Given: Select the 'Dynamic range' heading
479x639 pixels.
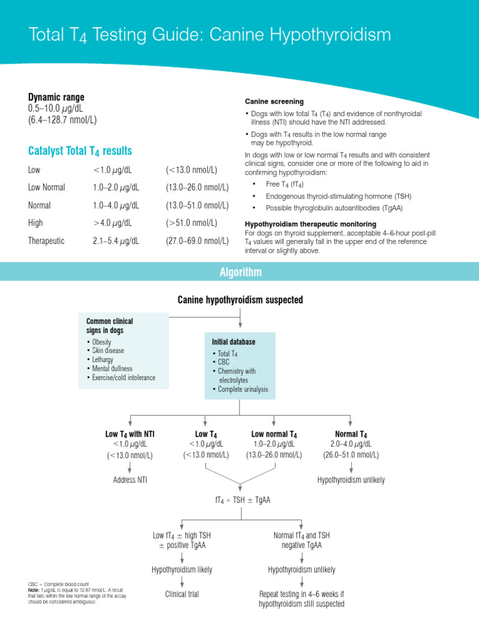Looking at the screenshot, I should pyautogui.click(x=56, y=97).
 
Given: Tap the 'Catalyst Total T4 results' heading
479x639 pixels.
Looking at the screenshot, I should pyautogui.click(x=80, y=151).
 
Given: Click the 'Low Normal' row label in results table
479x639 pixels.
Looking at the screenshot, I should pyautogui.click(x=47, y=187).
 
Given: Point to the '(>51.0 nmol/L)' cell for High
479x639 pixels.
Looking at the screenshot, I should pyautogui.click(x=191, y=223).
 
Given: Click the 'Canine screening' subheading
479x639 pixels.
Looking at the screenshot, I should pyautogui.click(x=274, y=101).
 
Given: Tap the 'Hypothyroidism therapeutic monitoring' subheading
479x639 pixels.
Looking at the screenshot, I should pyautogui.click(x=310, y=223).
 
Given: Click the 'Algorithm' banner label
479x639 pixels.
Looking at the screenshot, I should pyautogui.click(x=240, y=272).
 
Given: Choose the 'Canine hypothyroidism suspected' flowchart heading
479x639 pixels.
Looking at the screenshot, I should pyautogui.click(x=240, y=300).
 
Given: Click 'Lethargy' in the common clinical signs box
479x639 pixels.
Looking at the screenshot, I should pyautogui.click(x=104, y=360).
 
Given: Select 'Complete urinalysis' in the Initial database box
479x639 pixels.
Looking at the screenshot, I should pyautogui.click(x=243, y=389).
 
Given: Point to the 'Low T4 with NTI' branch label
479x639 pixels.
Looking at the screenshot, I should pyautogui.click(x=130, y=434).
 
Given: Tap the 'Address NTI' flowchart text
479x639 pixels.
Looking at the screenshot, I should pyautogui.click(x=130, y=480).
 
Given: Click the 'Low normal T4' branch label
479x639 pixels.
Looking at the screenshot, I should pyautogui.click(x=274, y=434).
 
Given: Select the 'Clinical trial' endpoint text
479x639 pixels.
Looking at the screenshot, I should pyautogui.click(x=182, y=594).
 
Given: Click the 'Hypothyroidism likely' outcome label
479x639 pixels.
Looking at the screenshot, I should pyautogui.click(x=182, y=570).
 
